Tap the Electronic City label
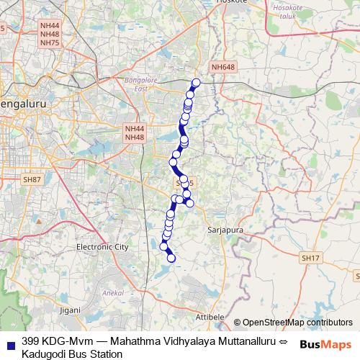(x=102, y=247)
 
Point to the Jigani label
(x=71, y=309)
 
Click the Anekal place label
(x=115, y=293)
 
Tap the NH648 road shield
(x=222, y=67)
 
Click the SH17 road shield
(x=310, y=257)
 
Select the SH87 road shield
(x=32, y=179)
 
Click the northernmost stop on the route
(x=197, y=82)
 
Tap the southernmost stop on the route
(x=171, y=258)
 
